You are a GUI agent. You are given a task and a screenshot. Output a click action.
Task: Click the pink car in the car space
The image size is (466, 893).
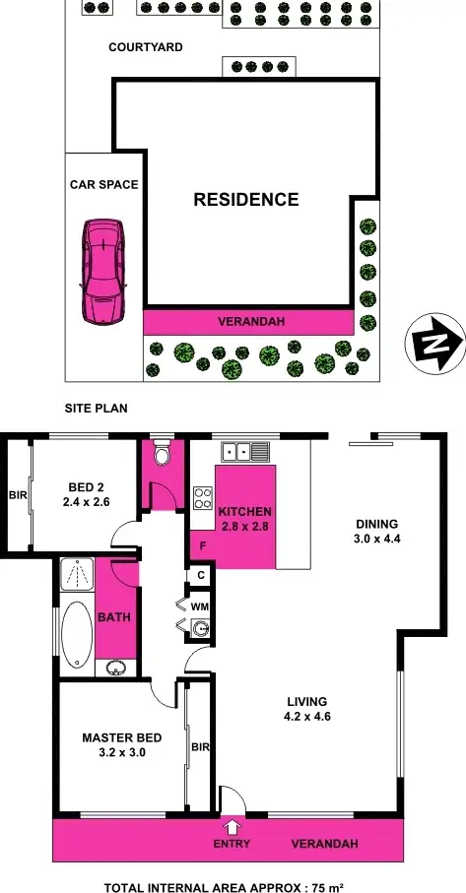pyautogui.click(x=103, y=270)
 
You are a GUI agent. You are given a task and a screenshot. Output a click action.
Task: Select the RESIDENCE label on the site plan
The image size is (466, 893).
pyautogui.click(x=245, y=200)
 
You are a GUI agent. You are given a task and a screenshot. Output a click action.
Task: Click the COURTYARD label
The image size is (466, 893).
pyautogui.click(x=146, y=47)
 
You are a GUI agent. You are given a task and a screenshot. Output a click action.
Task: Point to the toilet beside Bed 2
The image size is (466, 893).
pyautogui.click(x=163, y=455)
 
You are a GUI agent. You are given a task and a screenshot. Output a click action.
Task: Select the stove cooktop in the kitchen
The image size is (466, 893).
pyautogui.click(x=202, y=498)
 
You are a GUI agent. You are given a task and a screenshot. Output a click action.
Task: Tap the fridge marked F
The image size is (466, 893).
pyautogui.click(x=202, y=543)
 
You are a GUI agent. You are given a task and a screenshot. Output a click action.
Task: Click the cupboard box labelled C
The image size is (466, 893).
pyautogui.click(x=200, y=575)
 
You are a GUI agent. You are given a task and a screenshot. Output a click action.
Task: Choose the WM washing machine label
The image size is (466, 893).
pyautogui.click(x=200, y=606)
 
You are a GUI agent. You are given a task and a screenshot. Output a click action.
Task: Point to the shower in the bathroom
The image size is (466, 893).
pyautogui.click(x=75, y=574)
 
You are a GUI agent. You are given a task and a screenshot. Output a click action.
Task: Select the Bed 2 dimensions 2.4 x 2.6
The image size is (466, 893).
pyautogui.click(x=86, y=501)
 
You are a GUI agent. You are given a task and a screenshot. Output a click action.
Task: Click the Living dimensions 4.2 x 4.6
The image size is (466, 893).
pyautogui.click(x=306, y=716)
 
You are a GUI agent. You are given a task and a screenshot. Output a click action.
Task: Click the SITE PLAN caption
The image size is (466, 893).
pyautogui.click(x=97, y=408)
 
